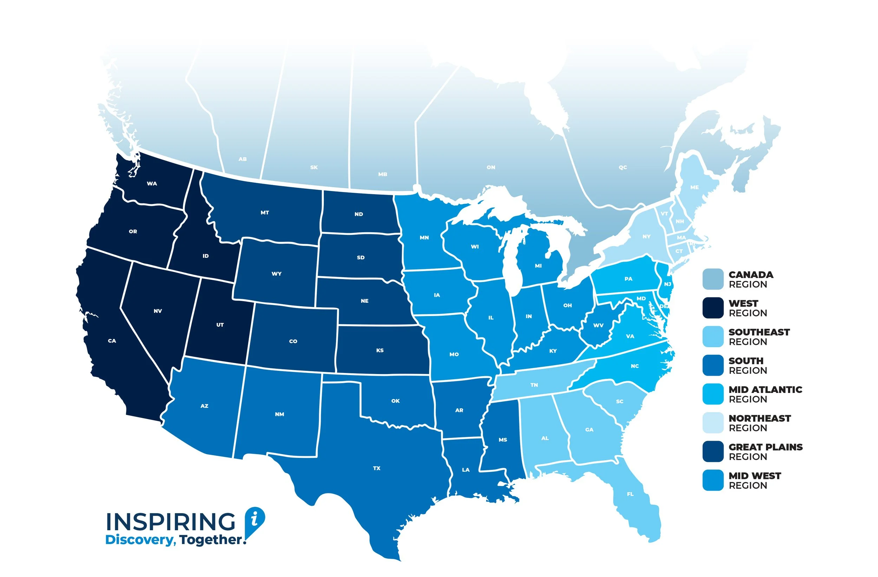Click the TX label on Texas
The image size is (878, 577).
coord(376,468)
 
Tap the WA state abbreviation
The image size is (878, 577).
coord(152,183)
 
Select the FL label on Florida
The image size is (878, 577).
coord(630,494)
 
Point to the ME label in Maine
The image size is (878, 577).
coord(694,188)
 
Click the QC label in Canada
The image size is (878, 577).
coord(623,168)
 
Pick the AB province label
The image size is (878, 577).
coord(242,159)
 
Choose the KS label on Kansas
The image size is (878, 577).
coord(380,350)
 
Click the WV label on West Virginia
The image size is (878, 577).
coord(598,325)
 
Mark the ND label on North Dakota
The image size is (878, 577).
coord(359,214)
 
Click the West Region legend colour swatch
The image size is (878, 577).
coord(713,308)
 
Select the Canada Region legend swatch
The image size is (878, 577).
coord(713,279)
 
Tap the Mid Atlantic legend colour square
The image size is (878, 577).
coord(713,394)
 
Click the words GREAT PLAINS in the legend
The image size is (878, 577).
coord(766,447)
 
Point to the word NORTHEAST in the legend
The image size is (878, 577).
coord(760,418)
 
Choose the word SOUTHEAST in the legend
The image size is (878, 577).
coord(759,332)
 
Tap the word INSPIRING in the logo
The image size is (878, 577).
coord(170,522)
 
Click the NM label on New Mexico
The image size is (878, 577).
coord(279,414)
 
